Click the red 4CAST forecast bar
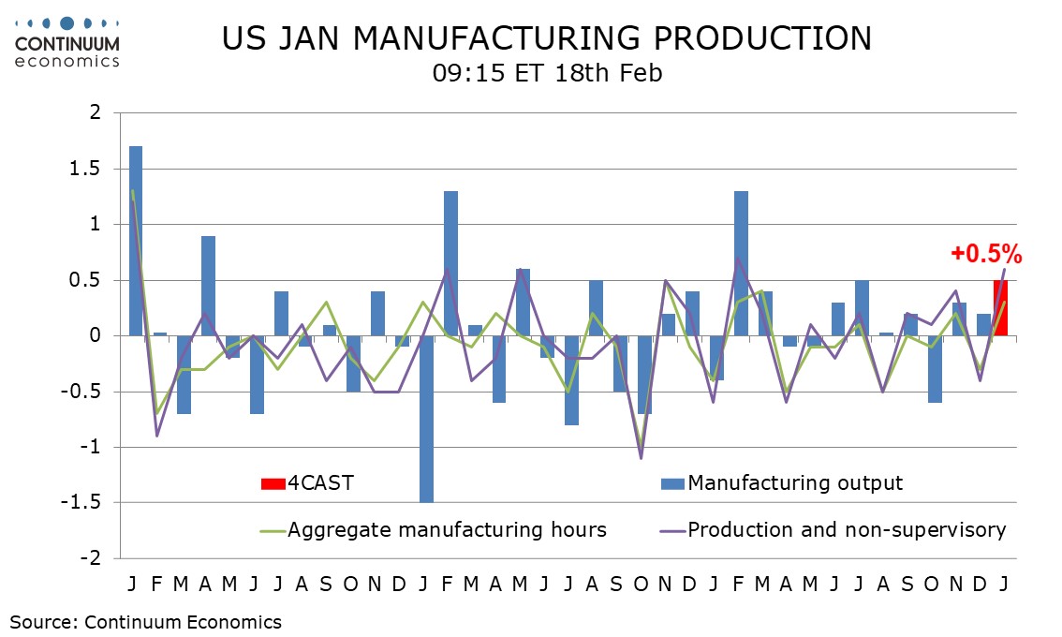pos(1000,307)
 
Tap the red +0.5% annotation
pos(986,254)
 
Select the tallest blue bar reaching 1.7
pos(136,241)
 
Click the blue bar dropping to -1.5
pos(426,419)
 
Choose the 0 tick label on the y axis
pos(96,335)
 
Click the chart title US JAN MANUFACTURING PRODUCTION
pos(547,38)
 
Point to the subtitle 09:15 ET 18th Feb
pos(547,73)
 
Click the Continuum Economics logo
pos(66,42)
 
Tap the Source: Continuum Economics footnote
pos(145,621)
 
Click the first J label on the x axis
pos(133,584)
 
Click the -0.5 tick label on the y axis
pos(87,392)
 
